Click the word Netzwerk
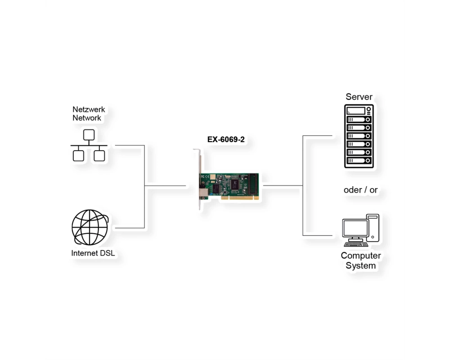pos(89,109)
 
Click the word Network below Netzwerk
pos(87,118)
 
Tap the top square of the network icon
pos(89,135)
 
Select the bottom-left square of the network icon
pos(78,156)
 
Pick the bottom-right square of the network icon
pos(99,156)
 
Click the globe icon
pos(90,227)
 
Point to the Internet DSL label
pos(93,253)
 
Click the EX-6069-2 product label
pos(226,139)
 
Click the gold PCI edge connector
pos(240,198)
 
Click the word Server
pos(359,97)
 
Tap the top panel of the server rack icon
pos(359,111)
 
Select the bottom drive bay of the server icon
pos(359,161)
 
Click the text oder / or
pos(361,190)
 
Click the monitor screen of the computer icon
pos(355,228)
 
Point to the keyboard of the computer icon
pos(356,244)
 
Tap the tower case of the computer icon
pos(373,228)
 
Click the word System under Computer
pos(361,265)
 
